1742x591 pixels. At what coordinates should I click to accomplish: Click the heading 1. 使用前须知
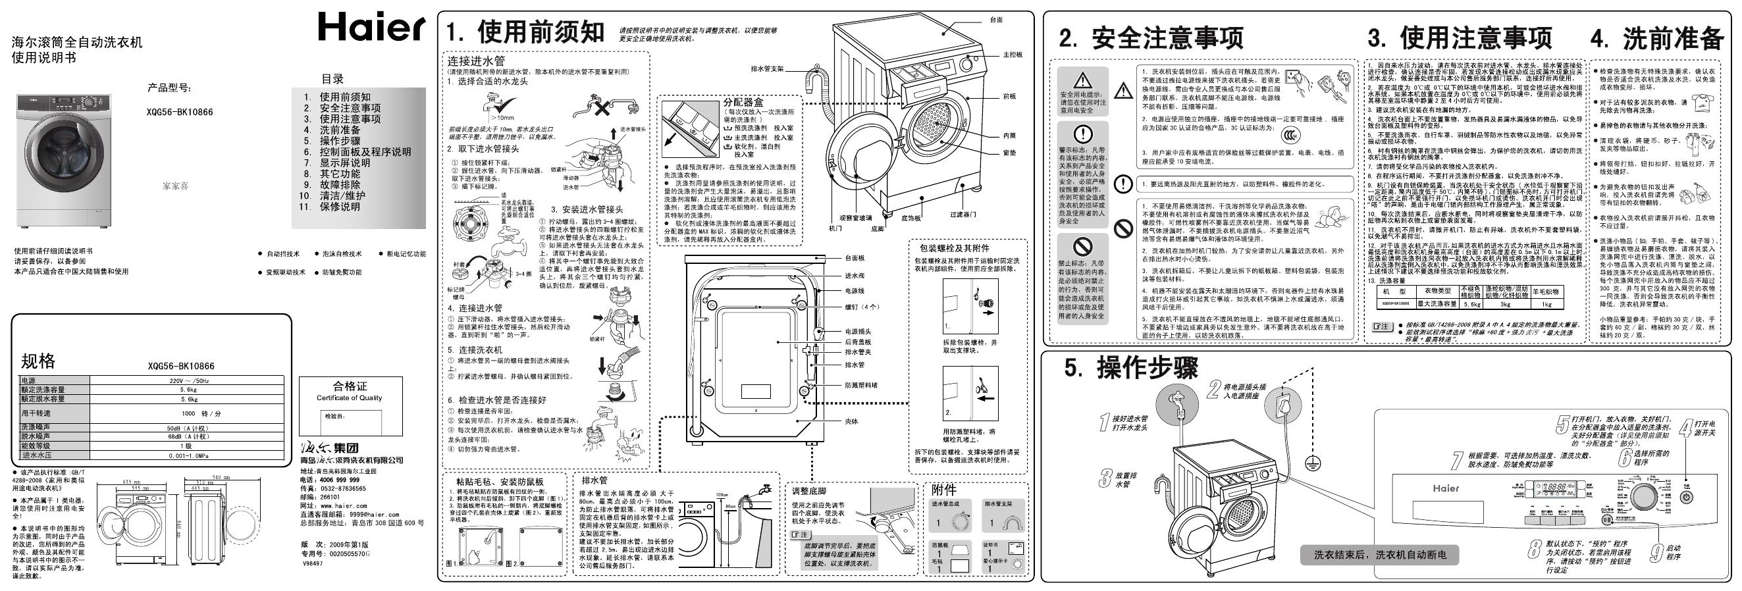[x=525, y=32]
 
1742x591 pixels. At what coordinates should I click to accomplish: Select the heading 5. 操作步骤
[x=1130, y=369]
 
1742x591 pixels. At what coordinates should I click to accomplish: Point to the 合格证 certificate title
[x=350, y=386]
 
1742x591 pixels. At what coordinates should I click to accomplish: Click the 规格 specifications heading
[x=39, y=361]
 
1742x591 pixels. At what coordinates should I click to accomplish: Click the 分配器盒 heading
[x=743, y=103]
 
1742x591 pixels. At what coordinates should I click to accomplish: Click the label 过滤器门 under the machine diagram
[x=963, y=215]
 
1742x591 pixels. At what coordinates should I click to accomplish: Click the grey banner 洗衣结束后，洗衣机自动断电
[x=1379, y=555]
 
